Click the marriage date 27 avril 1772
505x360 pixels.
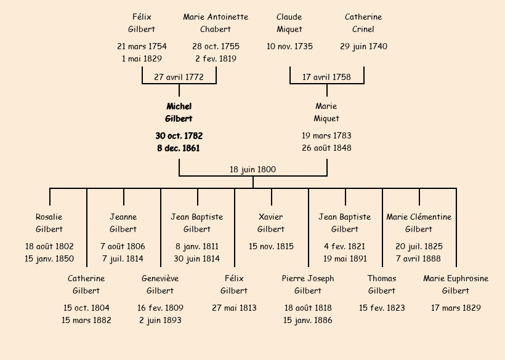179,77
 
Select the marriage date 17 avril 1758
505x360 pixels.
326,77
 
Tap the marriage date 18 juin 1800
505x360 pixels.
252,169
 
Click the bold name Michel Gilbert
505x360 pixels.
179,113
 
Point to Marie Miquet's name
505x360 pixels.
326,113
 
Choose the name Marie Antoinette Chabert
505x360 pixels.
216,23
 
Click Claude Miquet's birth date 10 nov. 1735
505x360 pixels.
289,46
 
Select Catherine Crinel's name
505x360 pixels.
363,23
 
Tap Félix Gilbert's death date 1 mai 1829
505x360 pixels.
142,58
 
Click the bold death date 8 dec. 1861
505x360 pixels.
179,148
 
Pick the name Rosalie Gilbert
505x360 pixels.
49,223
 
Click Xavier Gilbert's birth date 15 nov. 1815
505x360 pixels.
271,246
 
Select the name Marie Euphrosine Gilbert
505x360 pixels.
456,284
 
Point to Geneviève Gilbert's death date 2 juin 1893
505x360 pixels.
160,320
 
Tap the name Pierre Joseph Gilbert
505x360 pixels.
308,284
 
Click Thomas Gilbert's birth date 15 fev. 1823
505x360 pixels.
382,308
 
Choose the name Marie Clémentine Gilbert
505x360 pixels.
419,223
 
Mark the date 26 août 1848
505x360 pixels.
326,148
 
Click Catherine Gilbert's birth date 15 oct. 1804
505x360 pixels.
86,308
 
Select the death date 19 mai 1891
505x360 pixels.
345,258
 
